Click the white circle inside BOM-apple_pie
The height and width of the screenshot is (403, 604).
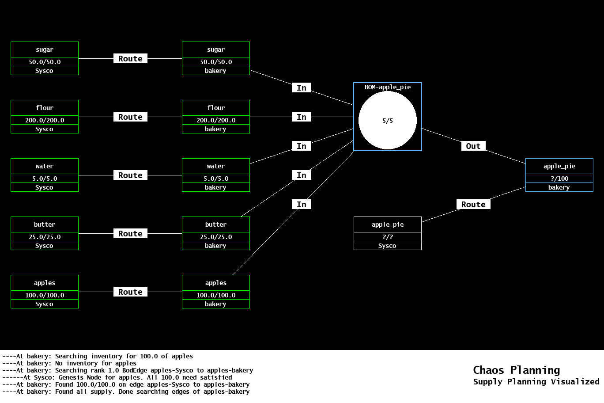point(387,120)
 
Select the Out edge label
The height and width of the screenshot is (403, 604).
point(473,146)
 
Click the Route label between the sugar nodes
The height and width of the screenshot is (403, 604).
point(130,59)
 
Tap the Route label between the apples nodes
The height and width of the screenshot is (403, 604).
point(130,292)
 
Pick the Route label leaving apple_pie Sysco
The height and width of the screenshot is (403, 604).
point(473,205)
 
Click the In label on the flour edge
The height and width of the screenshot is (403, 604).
point(302,117)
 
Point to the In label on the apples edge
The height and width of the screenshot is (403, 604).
point(302,205)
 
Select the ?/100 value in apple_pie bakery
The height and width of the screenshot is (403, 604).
point(559,179)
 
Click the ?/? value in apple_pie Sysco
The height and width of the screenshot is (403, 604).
point(387,237)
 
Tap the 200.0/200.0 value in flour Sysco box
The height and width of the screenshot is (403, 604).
point(45,120)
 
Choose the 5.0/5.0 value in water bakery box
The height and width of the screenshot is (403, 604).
point(216,179)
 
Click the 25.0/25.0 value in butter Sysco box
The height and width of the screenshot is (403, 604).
point(45,237)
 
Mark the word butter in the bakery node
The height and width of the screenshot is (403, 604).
point(216,224)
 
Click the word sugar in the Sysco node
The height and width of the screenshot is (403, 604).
point(45,50)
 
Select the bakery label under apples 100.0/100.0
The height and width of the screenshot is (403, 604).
point(215,304)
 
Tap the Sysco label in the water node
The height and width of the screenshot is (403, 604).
point(44,187)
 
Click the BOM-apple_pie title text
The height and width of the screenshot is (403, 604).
point(387,87)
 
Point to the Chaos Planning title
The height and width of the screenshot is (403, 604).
point(516,370)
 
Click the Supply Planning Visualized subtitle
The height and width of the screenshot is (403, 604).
point(536,382)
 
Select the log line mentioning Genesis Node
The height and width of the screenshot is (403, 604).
point(117,377)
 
